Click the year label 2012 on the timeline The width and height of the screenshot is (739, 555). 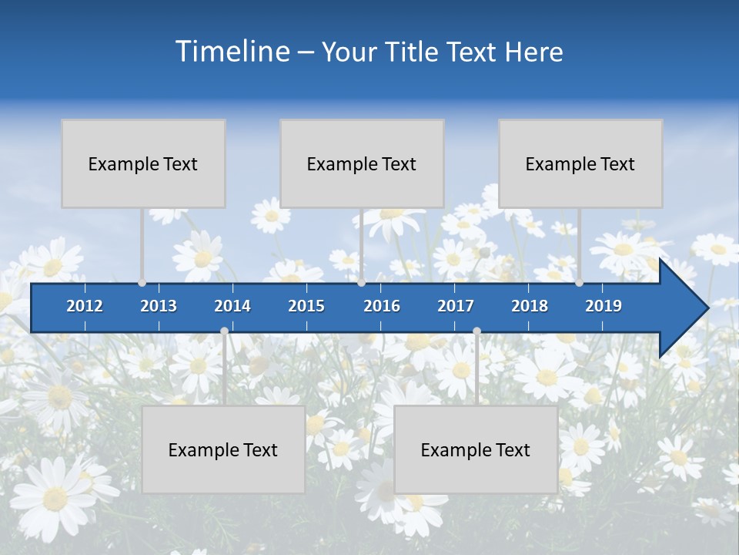tap(85, 306)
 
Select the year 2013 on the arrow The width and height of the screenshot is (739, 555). tap(159, 306)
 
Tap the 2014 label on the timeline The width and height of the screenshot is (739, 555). tap(232, 306)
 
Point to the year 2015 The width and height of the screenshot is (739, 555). tap(306, 306)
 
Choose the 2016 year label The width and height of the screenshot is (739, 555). tap(382, 306)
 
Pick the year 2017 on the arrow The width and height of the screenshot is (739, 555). tap(456, 306)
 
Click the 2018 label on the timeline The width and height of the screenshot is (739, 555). tap(530, 306)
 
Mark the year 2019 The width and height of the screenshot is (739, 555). tap(604, 306)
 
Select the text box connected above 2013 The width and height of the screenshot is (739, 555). tap(143, 163)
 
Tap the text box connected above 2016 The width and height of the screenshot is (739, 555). tap(362, 163)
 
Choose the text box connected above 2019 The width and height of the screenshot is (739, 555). tap(580, 163)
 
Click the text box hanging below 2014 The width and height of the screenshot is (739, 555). tap(223, 449)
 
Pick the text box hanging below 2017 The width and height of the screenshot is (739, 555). tap(476, 449)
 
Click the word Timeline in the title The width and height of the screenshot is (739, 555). tap(232, 52)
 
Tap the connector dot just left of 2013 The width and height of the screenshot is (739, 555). tap(142, 283)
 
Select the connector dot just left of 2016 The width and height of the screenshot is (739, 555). tap(361, 283)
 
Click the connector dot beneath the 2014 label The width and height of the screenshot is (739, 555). tap(224, 331)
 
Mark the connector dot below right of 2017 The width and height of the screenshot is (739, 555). tap(477, 331)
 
